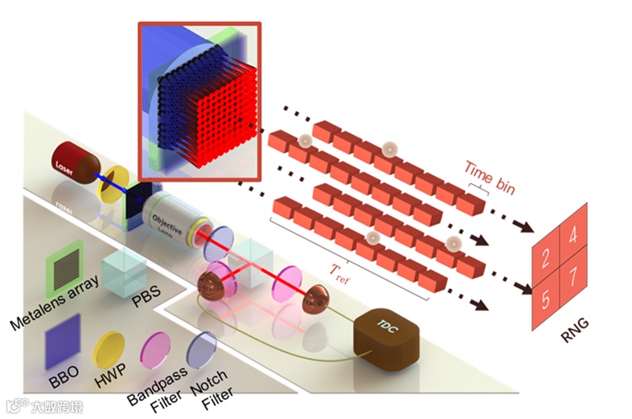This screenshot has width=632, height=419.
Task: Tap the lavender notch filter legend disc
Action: point(203,353)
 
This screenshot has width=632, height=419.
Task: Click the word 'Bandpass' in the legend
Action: point(153,387)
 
